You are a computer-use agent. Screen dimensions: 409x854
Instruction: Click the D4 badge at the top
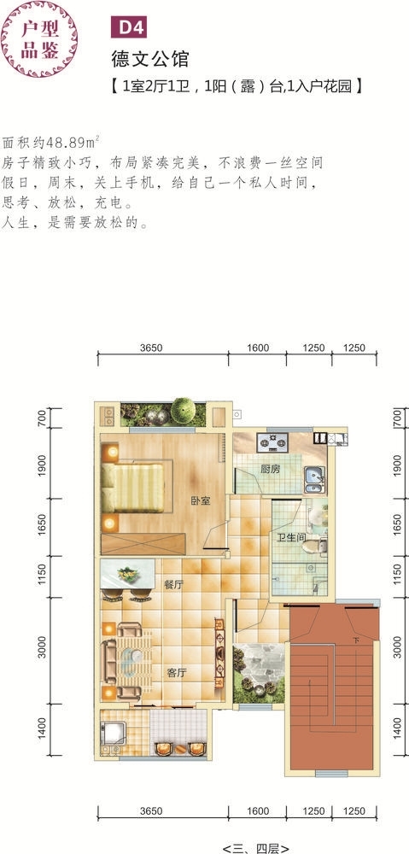pyautogui.click(x=129, y=28)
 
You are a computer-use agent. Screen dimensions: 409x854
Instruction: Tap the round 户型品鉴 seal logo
pyautogui.click(x=39, y=39)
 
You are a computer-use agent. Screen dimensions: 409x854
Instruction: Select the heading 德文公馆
pyautogui.click(x=150, y=58)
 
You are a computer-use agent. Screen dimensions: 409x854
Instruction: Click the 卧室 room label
pyautogui.click(x=201, y=500)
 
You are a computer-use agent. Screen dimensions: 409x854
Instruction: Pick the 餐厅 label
pyautogui.click(x=173, y=585)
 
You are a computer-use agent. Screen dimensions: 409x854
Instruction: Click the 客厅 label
pyautogui.click(x=177, y=673)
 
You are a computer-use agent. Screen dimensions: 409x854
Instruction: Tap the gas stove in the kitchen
pyautogui.click(x=273, y=442)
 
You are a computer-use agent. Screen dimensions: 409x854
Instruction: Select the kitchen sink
pyautogui.click(x=314, y=479)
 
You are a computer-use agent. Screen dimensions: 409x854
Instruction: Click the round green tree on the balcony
pyautogui.click(x=183, y=410)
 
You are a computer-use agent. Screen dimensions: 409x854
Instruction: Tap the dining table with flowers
pyautogui.click(x=127, y=574)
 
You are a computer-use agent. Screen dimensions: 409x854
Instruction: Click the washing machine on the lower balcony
pyautogui.click(x=114, y=733)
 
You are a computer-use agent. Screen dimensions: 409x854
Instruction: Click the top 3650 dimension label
pyautogui.click(x=151, y=348)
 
